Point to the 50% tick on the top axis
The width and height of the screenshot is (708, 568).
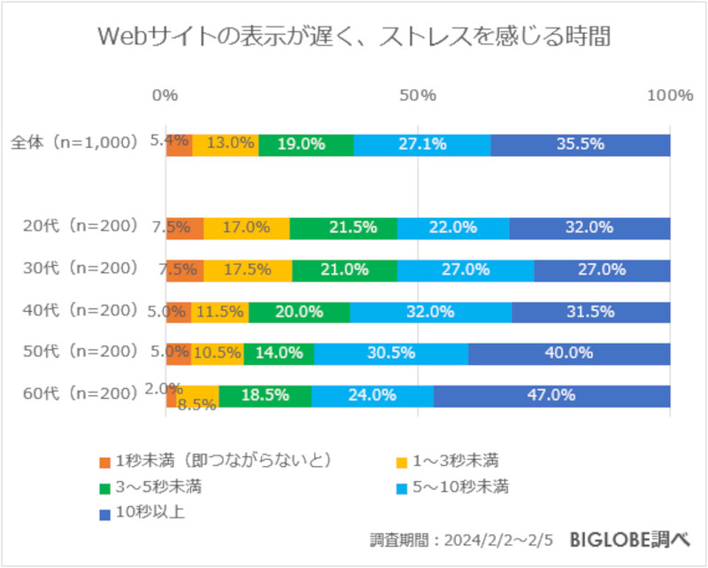point(417,96)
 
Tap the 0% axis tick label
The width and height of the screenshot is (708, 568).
point(165,96)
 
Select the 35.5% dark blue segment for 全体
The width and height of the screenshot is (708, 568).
point(581,144)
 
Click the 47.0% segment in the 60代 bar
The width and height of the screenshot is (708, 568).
point(551,396)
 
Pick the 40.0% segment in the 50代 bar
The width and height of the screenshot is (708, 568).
point(569,354)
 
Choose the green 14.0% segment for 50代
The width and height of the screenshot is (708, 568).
point(279,354)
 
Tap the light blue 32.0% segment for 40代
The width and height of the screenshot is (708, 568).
point(430,312)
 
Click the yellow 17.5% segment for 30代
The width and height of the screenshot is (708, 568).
point(248,269)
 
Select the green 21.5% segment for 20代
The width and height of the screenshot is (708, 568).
point(343,228)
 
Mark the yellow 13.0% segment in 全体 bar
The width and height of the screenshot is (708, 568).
point(226,144)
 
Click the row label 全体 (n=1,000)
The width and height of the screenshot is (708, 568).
point(75,143)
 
